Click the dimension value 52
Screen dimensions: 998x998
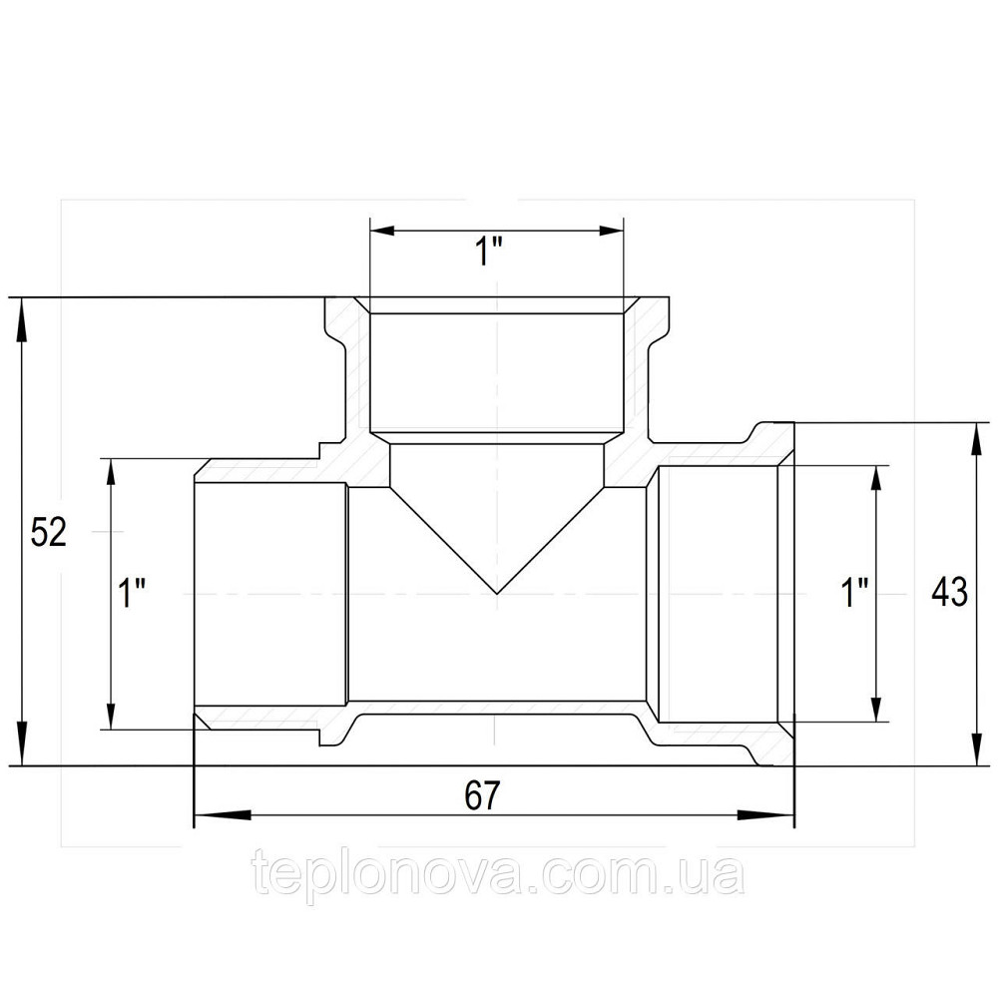click(48, 533)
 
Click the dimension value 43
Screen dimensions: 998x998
click(948, 593)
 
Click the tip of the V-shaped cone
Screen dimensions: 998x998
click(497, 594)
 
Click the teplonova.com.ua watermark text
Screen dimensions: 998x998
click(498, 875)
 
